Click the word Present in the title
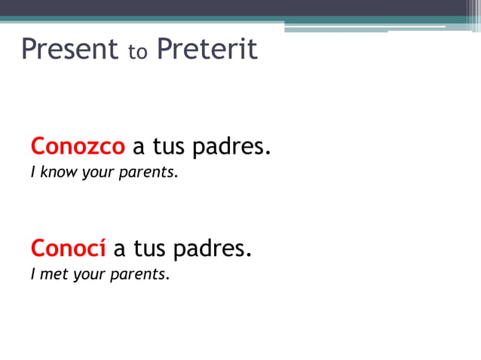pyautogui.click(x=69, y=50)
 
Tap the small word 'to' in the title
pyautogui.click(x=136, y=53)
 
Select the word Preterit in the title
pyautogui.click(x=207, y=50)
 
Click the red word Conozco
pyautogui.click(x=78, y=146)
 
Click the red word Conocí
pyautogui.click(x=68, y=247)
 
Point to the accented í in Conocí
pyautogui.click(x=101, y=247)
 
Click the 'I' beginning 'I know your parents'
pyautogui.click(x=32, y=172)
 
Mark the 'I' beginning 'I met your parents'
pyautogui.click(x=32, y=274)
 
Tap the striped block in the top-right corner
pyautogui.click(x=471, y=9)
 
